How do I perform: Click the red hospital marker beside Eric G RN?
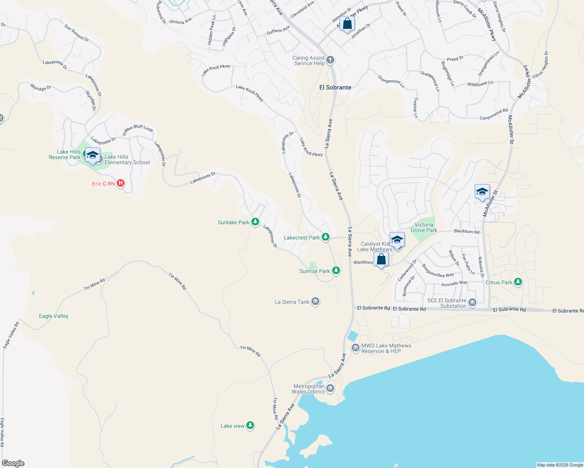(x=121, y=183)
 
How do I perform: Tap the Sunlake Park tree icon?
(x=255, y=222)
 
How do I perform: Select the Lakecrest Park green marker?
(x=325, y=237)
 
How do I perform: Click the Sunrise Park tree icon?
(x=336, y=271)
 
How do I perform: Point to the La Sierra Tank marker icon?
(x=315, y=301)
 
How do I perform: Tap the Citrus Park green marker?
(x=518, y=282)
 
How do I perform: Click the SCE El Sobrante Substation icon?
(x=472, y=303)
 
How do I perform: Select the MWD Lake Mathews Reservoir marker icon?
(x=355, y=348)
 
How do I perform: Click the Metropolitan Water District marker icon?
(x=330, y=388)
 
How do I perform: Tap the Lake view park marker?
(x=250, y=425)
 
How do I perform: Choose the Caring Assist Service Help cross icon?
(x=330, y=60)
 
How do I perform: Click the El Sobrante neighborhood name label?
(x=335, y=87)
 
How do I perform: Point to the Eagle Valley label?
(x=54, y=316)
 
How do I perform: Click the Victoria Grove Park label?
(x=424, y=227)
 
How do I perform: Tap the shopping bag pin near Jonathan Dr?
(x=347, y=24)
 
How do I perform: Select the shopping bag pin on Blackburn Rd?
(x=381, y=259)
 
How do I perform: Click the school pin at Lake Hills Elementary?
(x=93, y=155)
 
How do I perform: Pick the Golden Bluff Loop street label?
(x=137, y=130)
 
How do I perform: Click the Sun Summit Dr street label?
(x=77, y=33)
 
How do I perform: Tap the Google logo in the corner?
(x=13, y=463)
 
